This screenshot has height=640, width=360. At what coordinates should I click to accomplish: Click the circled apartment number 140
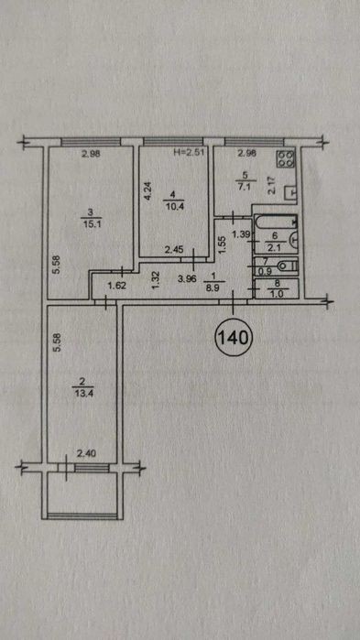click(x=235, y=337)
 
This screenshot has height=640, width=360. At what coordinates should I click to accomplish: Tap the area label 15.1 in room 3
click(x=91, y=225)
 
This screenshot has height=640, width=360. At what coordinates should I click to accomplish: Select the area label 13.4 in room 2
click(x=82, y=394)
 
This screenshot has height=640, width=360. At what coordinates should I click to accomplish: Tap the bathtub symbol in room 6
click(x=276, y=222)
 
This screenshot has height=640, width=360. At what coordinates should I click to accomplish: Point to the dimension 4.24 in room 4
click(x=148, y=191)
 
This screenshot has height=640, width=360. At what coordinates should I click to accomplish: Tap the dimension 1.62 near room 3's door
click(x=115, y=286)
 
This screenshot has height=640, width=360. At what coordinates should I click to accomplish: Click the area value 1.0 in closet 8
click(x=274, y=292)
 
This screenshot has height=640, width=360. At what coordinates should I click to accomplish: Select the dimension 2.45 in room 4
click(x=172, y=248)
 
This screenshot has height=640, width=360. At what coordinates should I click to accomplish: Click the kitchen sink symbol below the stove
click(x=290, y=192)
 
